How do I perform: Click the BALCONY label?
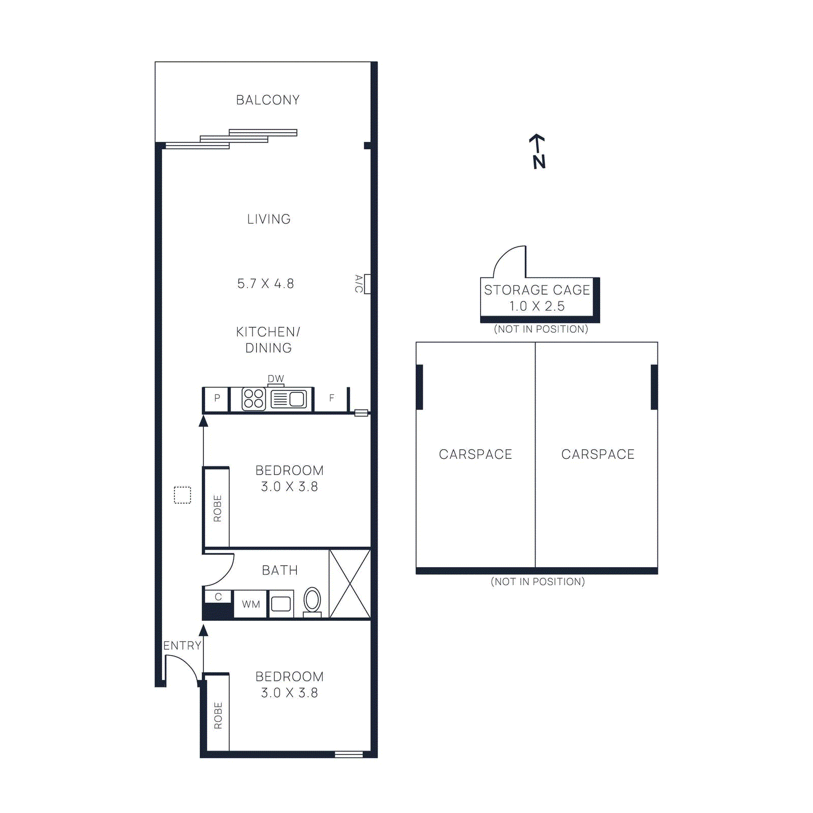pyautogui.click(x=268, y=100)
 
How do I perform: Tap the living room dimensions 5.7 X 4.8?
pyautogui.click(x=265, y=284)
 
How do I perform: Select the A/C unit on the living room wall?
pyautogui.click(x=367, y=284)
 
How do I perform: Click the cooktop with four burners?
pyautogui.click(x=254, y=399)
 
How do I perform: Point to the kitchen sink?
pyautogui.click(x=289, y=399)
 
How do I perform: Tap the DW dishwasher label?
pyautogui.click(x=275, y=379)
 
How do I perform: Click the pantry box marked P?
pyautogui.click(x=217, y=399)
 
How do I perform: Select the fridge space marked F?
pyautogui.click(x=331, y=399)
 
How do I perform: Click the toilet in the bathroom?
pyautogui.click(x=312, y=601)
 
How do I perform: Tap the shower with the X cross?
pyautogui.click(x=350, y=583)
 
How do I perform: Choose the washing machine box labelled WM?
pyautogui.click(x=251, y=604)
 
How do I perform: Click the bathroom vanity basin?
pyautogui.click(x=281, y=604)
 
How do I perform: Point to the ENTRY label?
pyautogui.click(x=182, y=645)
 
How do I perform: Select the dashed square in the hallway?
pyautogui.click(x=182, y=495)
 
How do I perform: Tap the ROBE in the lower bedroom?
pyautogui.click(x=218, y=715)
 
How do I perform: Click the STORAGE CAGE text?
pyautogui.click(x=537, y=290)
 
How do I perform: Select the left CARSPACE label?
pyautogui.click(x=475, y=454)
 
